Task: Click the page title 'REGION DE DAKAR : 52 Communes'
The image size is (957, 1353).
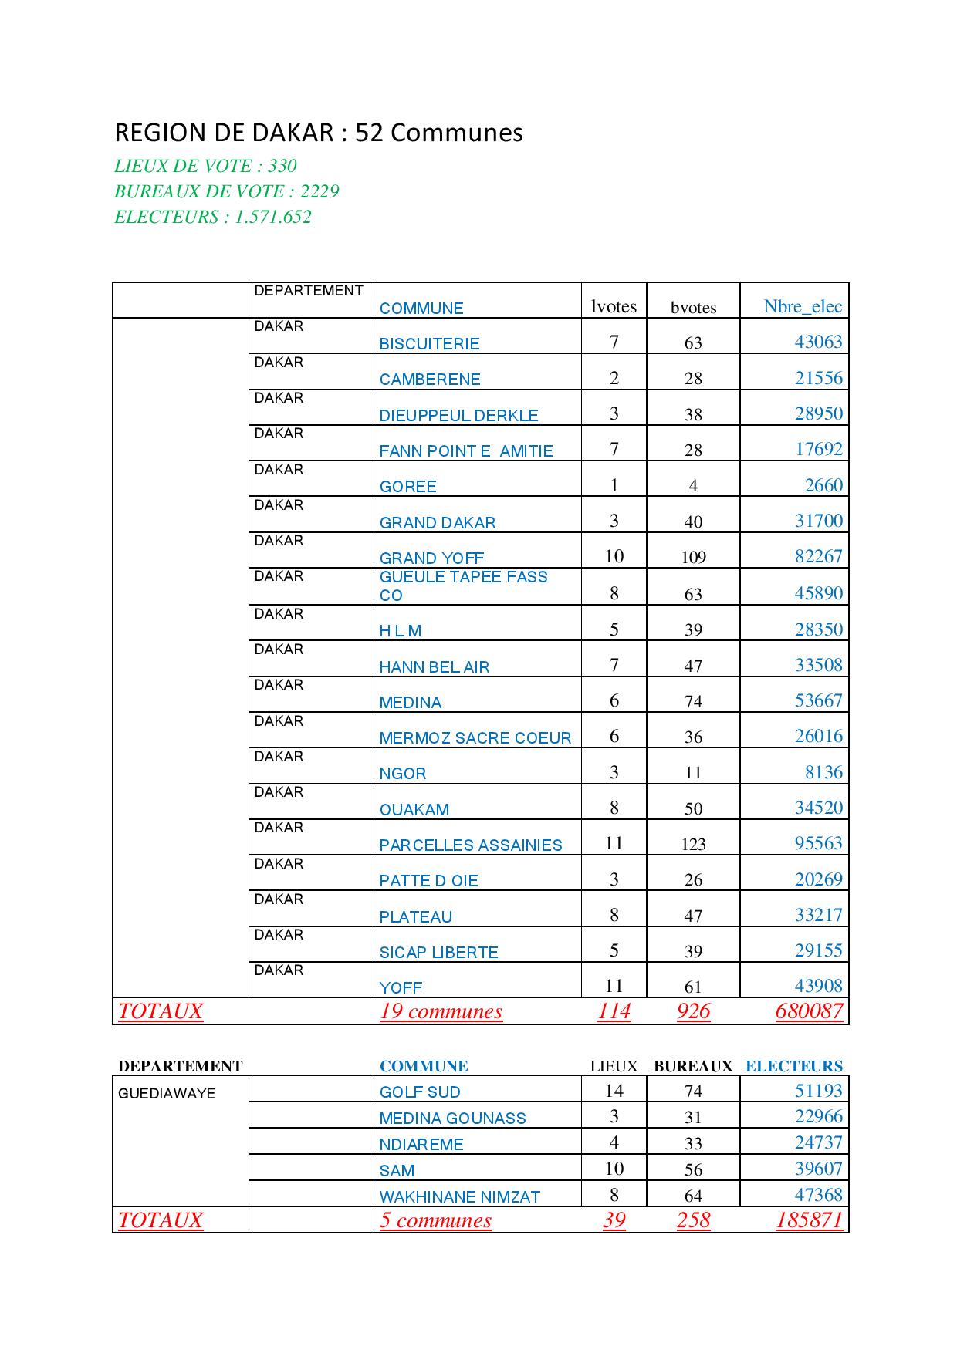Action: [x=319, y=133]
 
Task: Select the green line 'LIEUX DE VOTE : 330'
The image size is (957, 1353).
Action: [x=205, y=166]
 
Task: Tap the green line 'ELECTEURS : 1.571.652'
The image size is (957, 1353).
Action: [x=213, y=217]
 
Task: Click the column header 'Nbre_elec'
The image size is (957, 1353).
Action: [x=803, y=306]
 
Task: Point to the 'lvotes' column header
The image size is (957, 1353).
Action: [x=614, y=306]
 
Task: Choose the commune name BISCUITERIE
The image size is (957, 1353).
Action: [x=429, y=344]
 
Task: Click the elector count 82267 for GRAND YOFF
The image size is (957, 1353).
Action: [x=818, y=556]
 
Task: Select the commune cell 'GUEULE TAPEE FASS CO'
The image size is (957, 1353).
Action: [x=463, y=586]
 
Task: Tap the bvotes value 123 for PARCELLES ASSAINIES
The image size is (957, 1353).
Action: [x=693, y=845]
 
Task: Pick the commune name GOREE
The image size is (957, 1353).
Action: [x=408, y=487]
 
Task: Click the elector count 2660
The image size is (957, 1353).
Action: [x=823, y=485]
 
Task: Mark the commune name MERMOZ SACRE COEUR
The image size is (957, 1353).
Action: [x=475, y=738]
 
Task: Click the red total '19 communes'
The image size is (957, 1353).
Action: [x=441, y=1011]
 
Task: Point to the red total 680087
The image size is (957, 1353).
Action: [x=809, y=1011]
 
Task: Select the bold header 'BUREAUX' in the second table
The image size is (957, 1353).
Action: [x=692, y=1066]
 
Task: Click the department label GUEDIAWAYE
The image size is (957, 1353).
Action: [x=167, y=1094]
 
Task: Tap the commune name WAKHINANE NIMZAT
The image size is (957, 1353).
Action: [x=459, y=1197]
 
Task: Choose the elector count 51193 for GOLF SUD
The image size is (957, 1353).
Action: [x=818, y=1091]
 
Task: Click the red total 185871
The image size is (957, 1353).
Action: [x=809, y=1220]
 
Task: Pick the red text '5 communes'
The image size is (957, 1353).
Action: [x=435, y=1220]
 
